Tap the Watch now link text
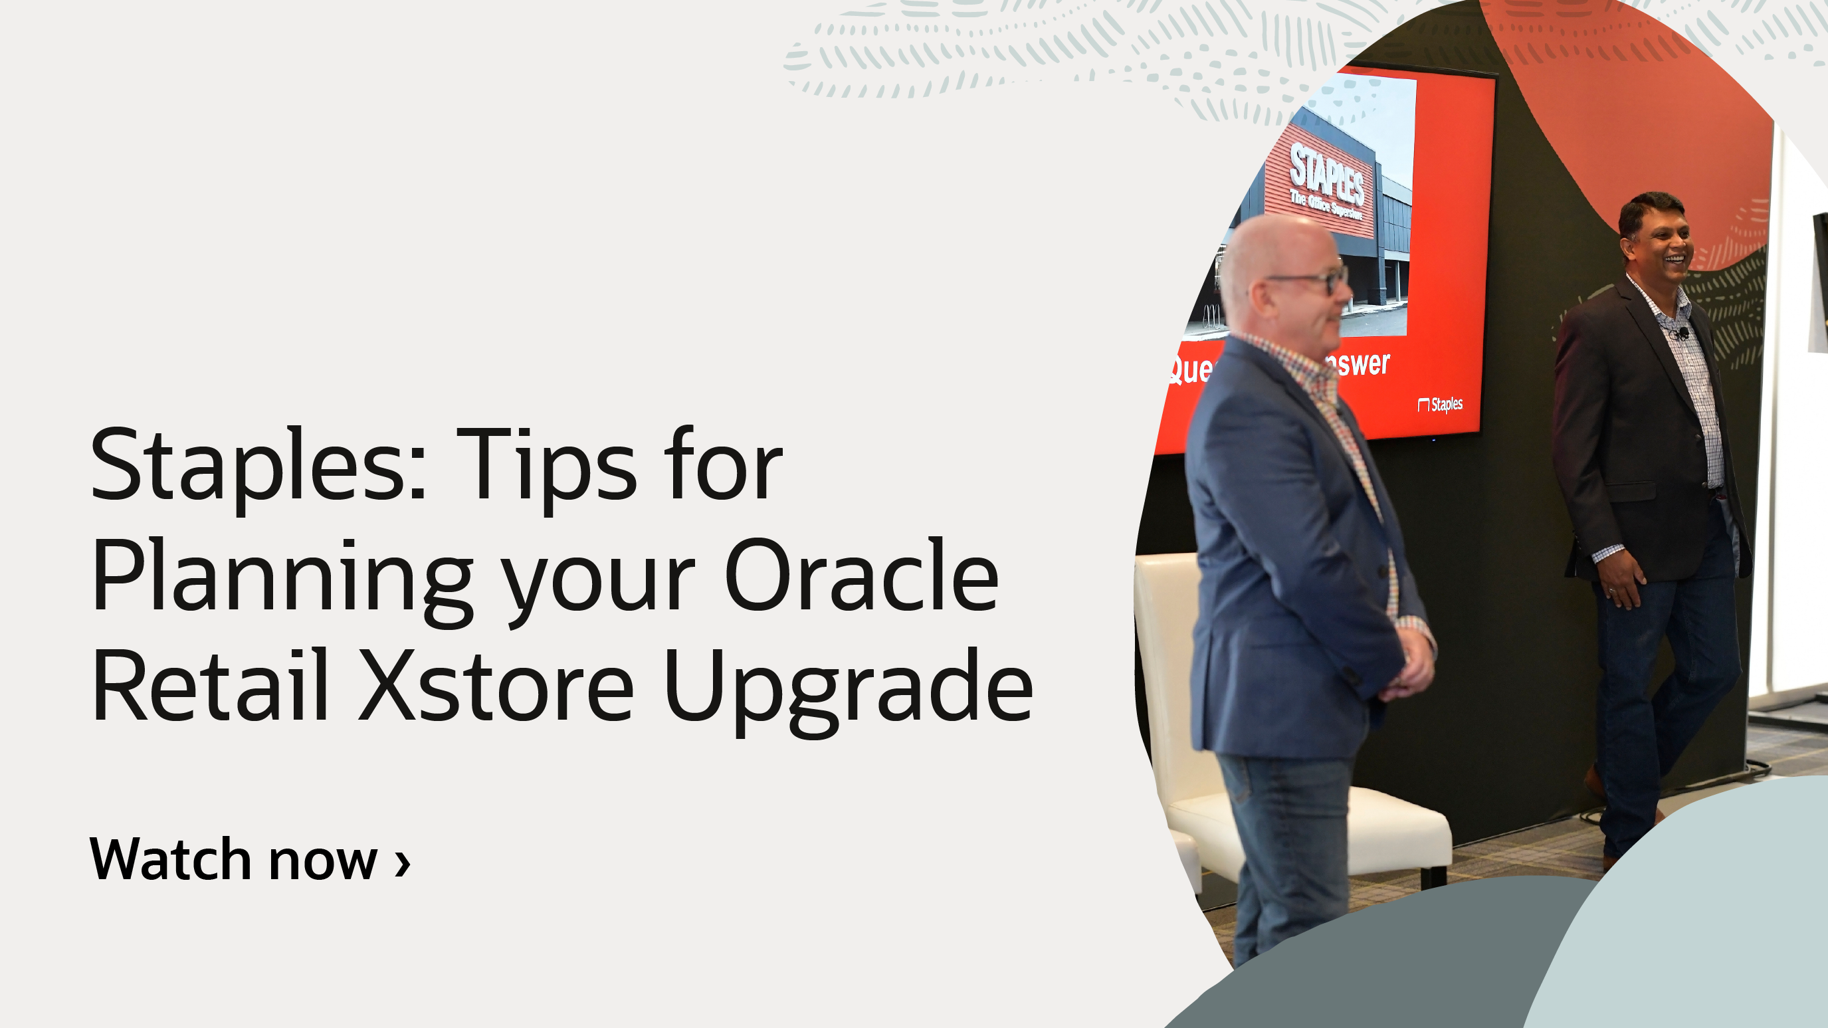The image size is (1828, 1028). click(233, 859)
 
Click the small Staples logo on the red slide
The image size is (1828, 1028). click(1440, 405)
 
